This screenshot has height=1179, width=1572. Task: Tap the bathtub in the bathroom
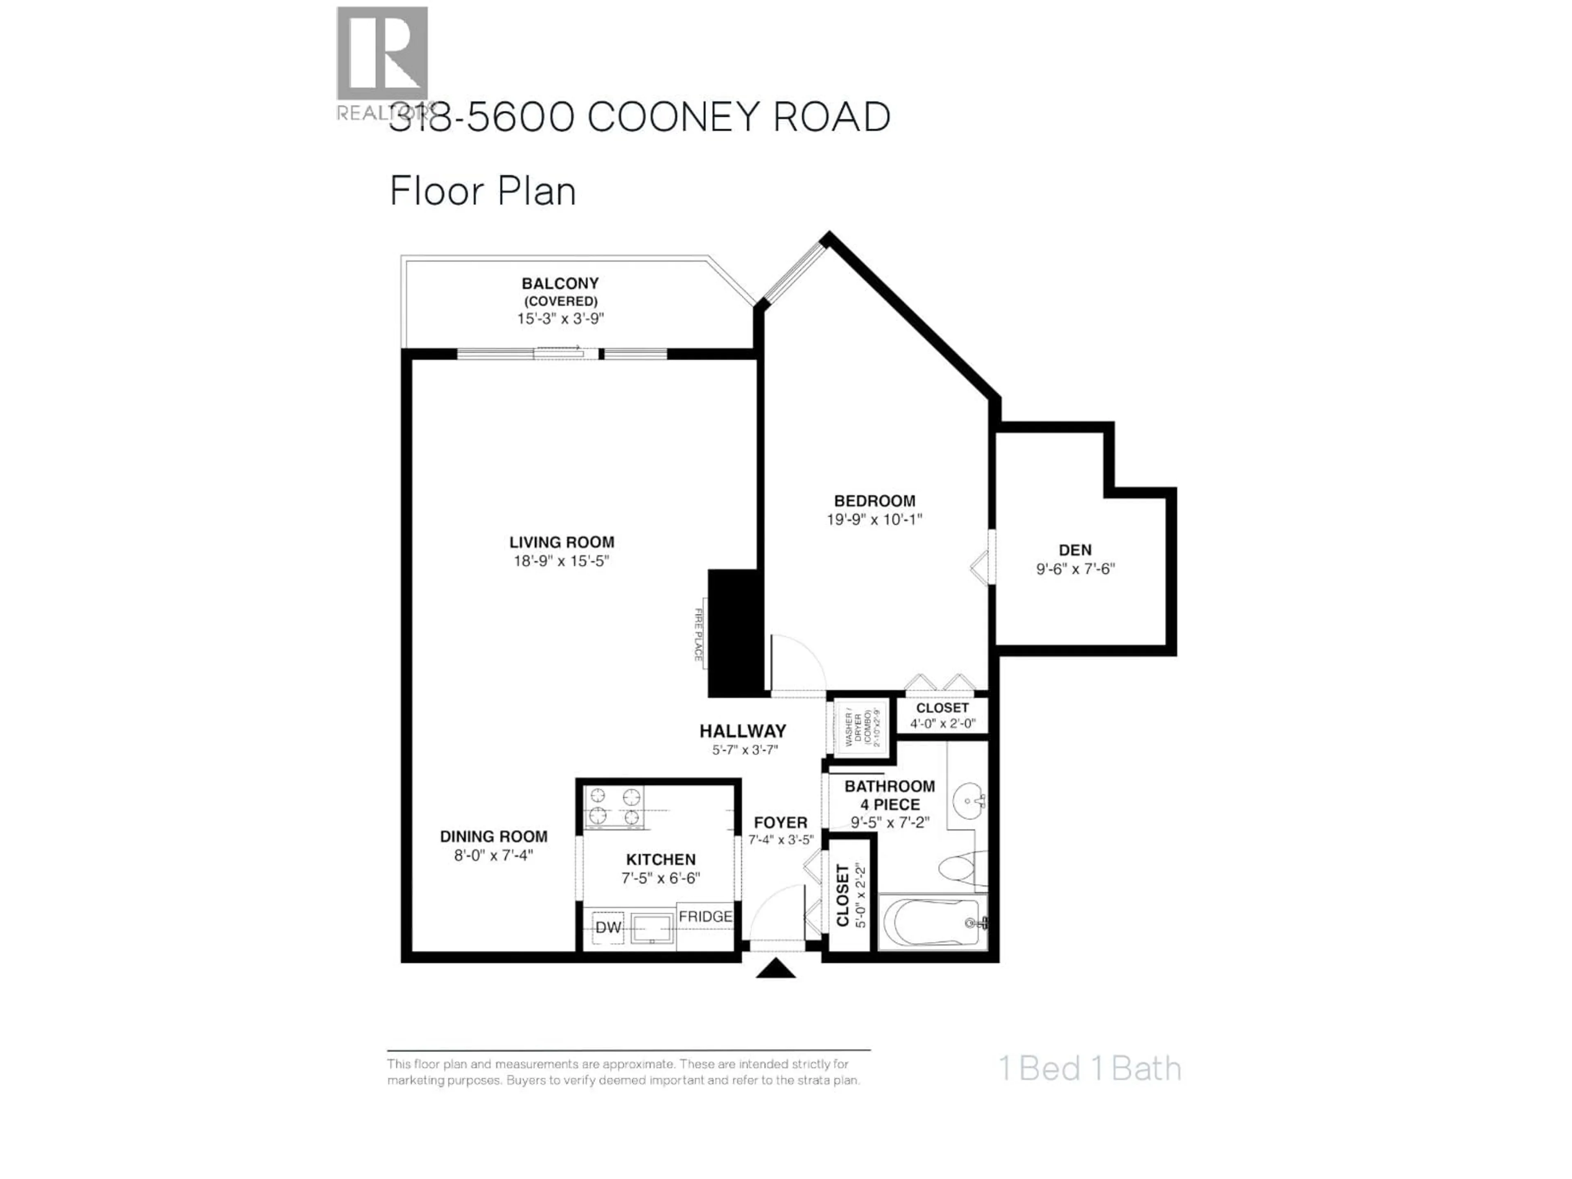tap(932, 922)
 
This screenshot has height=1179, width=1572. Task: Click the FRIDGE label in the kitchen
tap(705, 917)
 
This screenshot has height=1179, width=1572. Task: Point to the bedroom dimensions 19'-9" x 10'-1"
tap(874, 519)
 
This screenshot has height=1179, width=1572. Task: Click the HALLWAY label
tap(743, 731)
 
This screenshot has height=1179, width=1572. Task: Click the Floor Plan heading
tap(483, 192)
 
